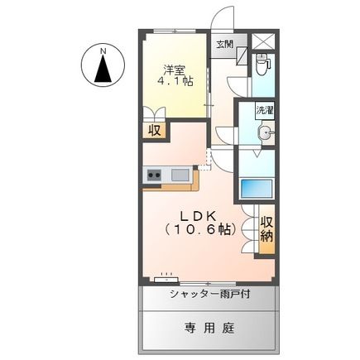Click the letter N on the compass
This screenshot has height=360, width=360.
point(103,50)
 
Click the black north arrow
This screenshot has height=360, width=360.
point(103,71)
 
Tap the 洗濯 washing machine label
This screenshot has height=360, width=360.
point(264,110)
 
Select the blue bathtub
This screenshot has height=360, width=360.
point(257,186)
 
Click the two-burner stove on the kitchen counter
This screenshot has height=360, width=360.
point(155,175)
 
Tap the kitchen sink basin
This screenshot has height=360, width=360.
point(180,175)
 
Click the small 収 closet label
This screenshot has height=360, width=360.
point(154,130)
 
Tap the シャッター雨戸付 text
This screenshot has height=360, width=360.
point(209,295)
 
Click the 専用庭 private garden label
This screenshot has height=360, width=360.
point(209,327)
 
